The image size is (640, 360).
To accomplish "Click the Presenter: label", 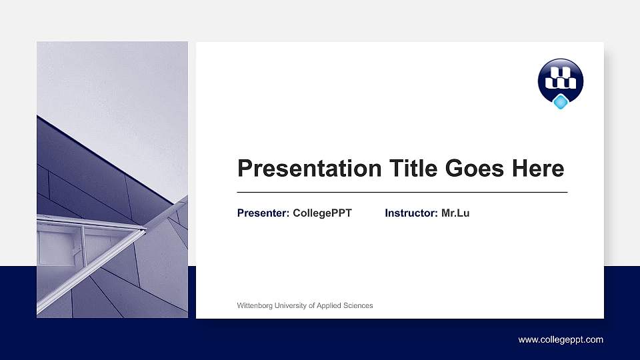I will tap(263, 213).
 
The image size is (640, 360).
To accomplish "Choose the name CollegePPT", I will tap(322, 213).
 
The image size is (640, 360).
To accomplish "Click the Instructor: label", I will tap(411, 213).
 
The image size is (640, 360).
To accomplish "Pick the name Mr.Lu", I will tap(455, 213).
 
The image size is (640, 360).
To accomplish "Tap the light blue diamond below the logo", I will tap(561, 102).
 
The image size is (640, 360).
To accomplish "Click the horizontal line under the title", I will tap(402, 192).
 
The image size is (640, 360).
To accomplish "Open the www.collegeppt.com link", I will tap(561, 340).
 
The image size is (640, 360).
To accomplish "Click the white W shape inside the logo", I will tap(561, 78).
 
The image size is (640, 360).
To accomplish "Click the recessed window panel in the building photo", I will tap(60, 247).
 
